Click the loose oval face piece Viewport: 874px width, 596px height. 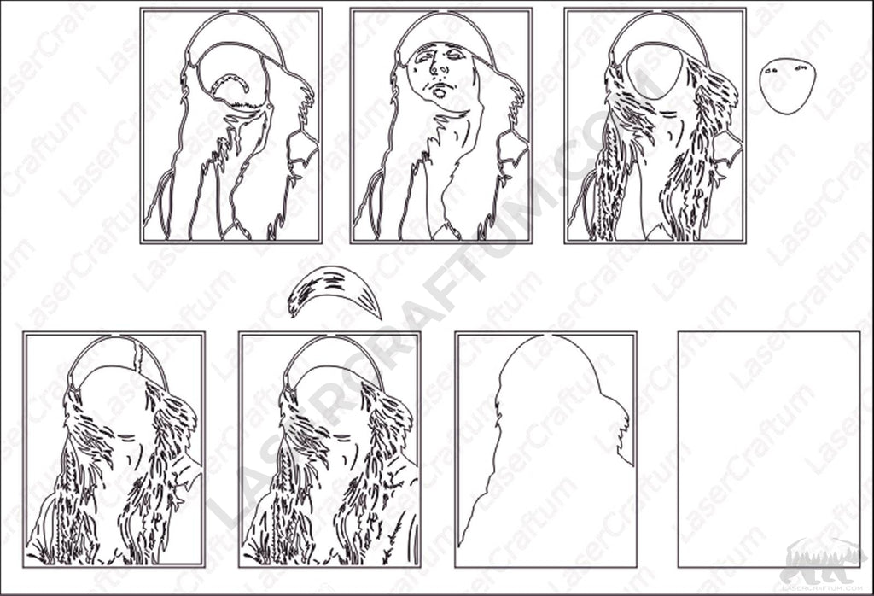pos(786,86)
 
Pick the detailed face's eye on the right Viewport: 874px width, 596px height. pos(458,56)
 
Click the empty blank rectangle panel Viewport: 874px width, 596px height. pos(768,449)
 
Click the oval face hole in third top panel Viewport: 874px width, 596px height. pos(653,73)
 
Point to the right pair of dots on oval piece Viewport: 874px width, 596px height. pos(800,66)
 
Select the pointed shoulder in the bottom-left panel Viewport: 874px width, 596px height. pos(192,465)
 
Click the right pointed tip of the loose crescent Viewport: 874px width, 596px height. pos(378,316)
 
